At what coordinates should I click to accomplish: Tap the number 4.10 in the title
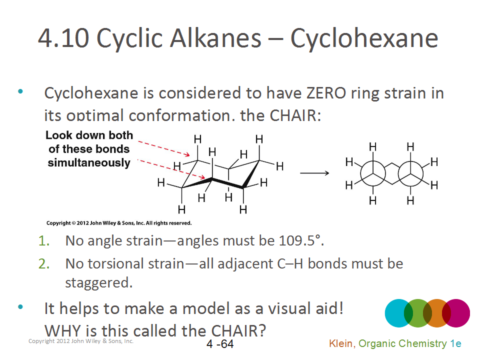[63, 38]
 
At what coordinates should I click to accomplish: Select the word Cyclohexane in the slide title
[364, 38]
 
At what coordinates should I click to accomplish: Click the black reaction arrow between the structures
[314, 173]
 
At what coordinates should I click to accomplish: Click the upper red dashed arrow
[164, 148]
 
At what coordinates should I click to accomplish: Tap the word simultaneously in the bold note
[89, 162]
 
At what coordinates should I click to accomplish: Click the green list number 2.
[44, 263]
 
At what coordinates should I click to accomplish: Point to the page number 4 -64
[220, 344]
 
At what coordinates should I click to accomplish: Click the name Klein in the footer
[340, 343]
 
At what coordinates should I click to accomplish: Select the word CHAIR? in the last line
[238, 330]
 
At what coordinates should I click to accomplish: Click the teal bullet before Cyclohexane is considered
[20, 91]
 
